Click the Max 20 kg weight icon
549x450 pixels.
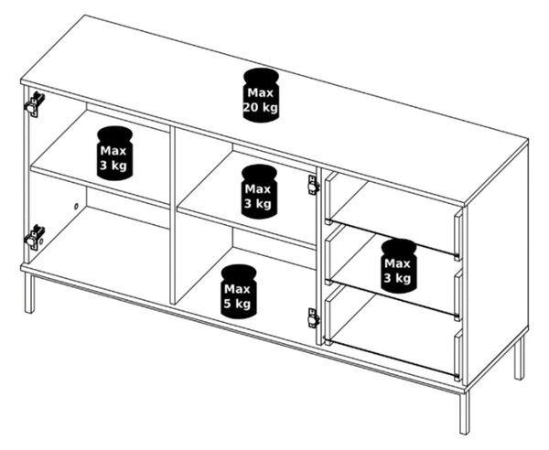261,95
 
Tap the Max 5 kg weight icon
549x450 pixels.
239,291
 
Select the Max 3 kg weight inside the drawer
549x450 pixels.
399,265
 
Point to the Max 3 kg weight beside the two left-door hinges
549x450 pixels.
114,154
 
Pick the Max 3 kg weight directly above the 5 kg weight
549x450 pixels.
259,191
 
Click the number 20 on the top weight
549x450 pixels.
252,107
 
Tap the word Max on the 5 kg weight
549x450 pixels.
237,289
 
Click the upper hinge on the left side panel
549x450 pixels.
34,104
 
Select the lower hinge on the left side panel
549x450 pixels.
35,237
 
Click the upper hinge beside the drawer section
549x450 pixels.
313,185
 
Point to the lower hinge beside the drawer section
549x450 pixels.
313,318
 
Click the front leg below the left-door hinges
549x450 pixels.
30,294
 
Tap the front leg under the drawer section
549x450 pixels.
464,412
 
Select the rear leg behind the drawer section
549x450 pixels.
520,357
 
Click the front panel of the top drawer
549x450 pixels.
458,235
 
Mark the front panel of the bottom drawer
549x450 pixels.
458,356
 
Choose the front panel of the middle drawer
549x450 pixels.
458,295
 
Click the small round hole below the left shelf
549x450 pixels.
76,207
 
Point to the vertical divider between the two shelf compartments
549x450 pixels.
172,215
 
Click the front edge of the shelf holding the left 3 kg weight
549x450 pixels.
100,188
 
